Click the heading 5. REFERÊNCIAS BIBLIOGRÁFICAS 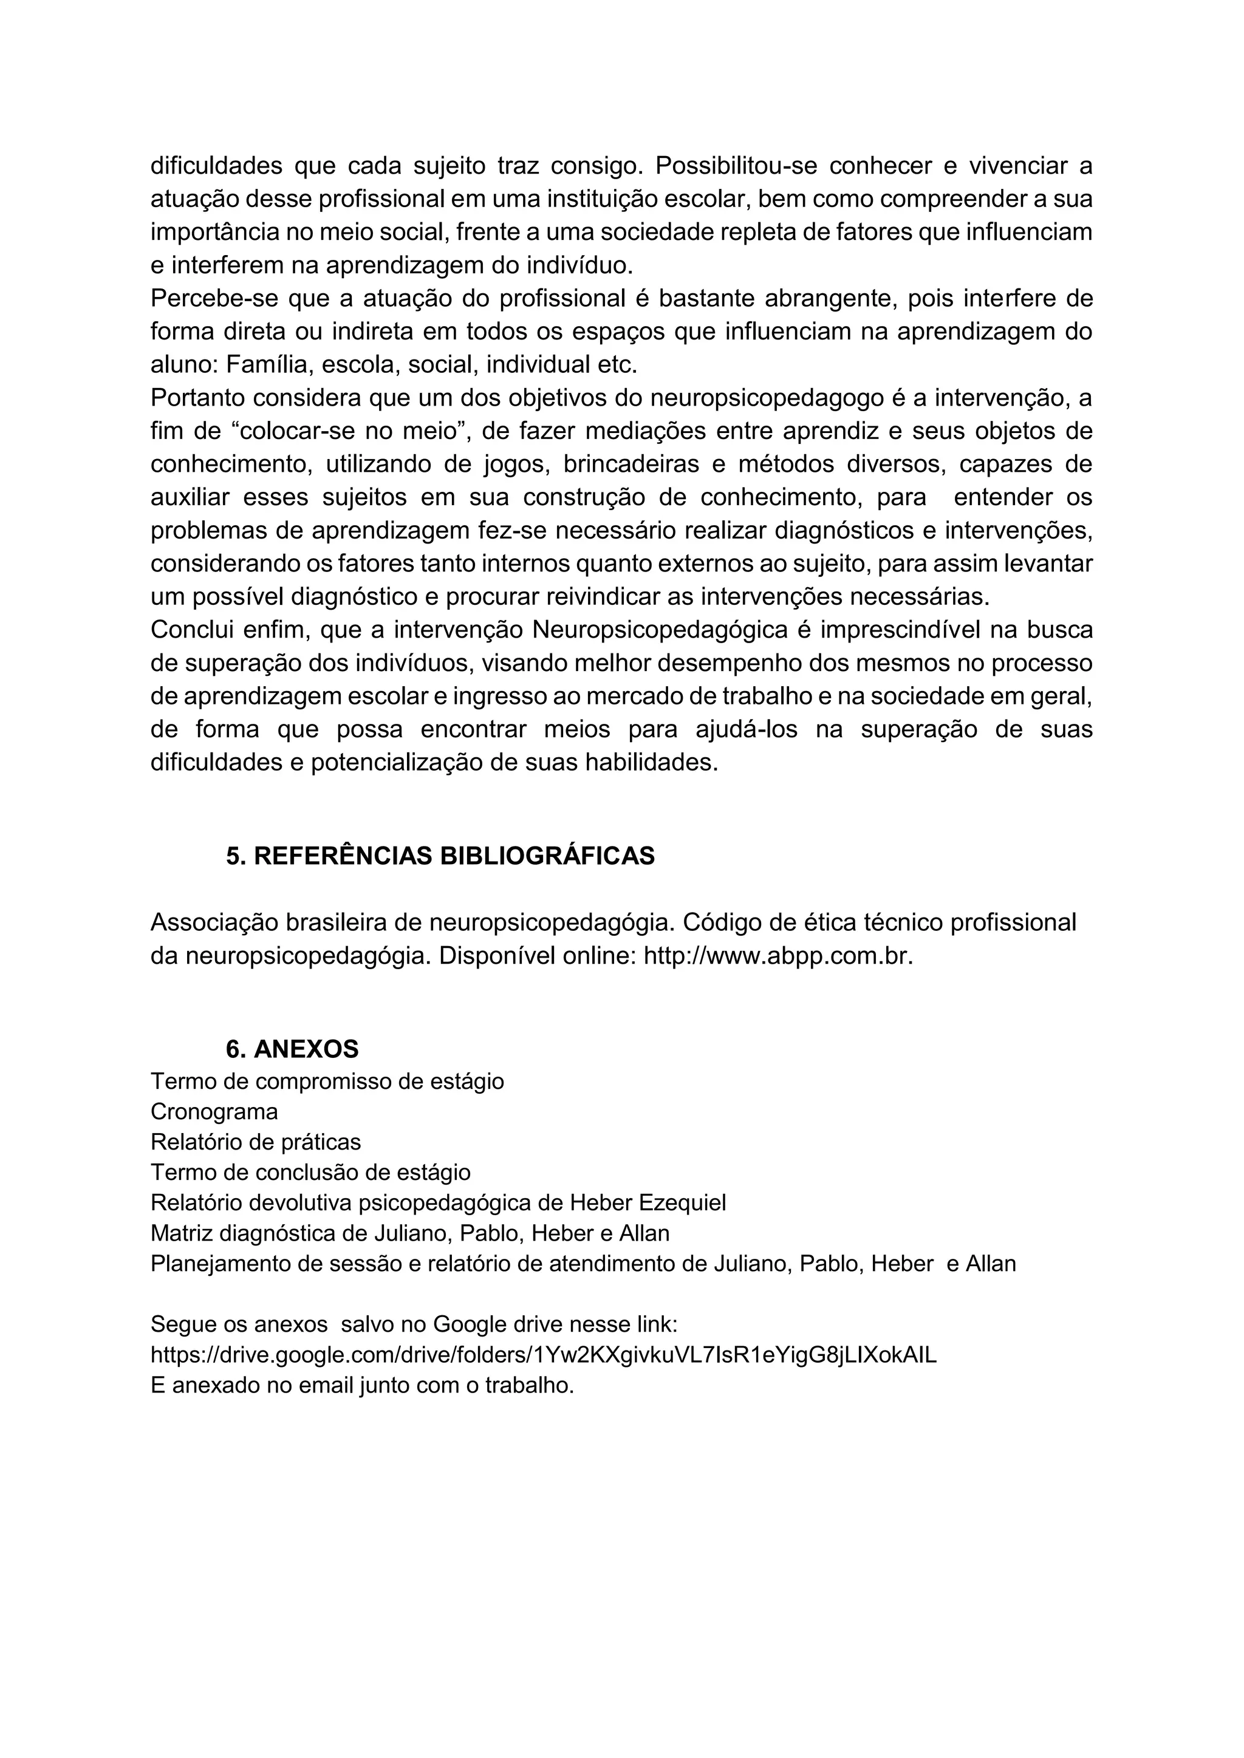coord(440,855)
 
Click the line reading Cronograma coord(214,1111)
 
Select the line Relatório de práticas coord(255,1142)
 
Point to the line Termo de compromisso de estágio coord(327,1081)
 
